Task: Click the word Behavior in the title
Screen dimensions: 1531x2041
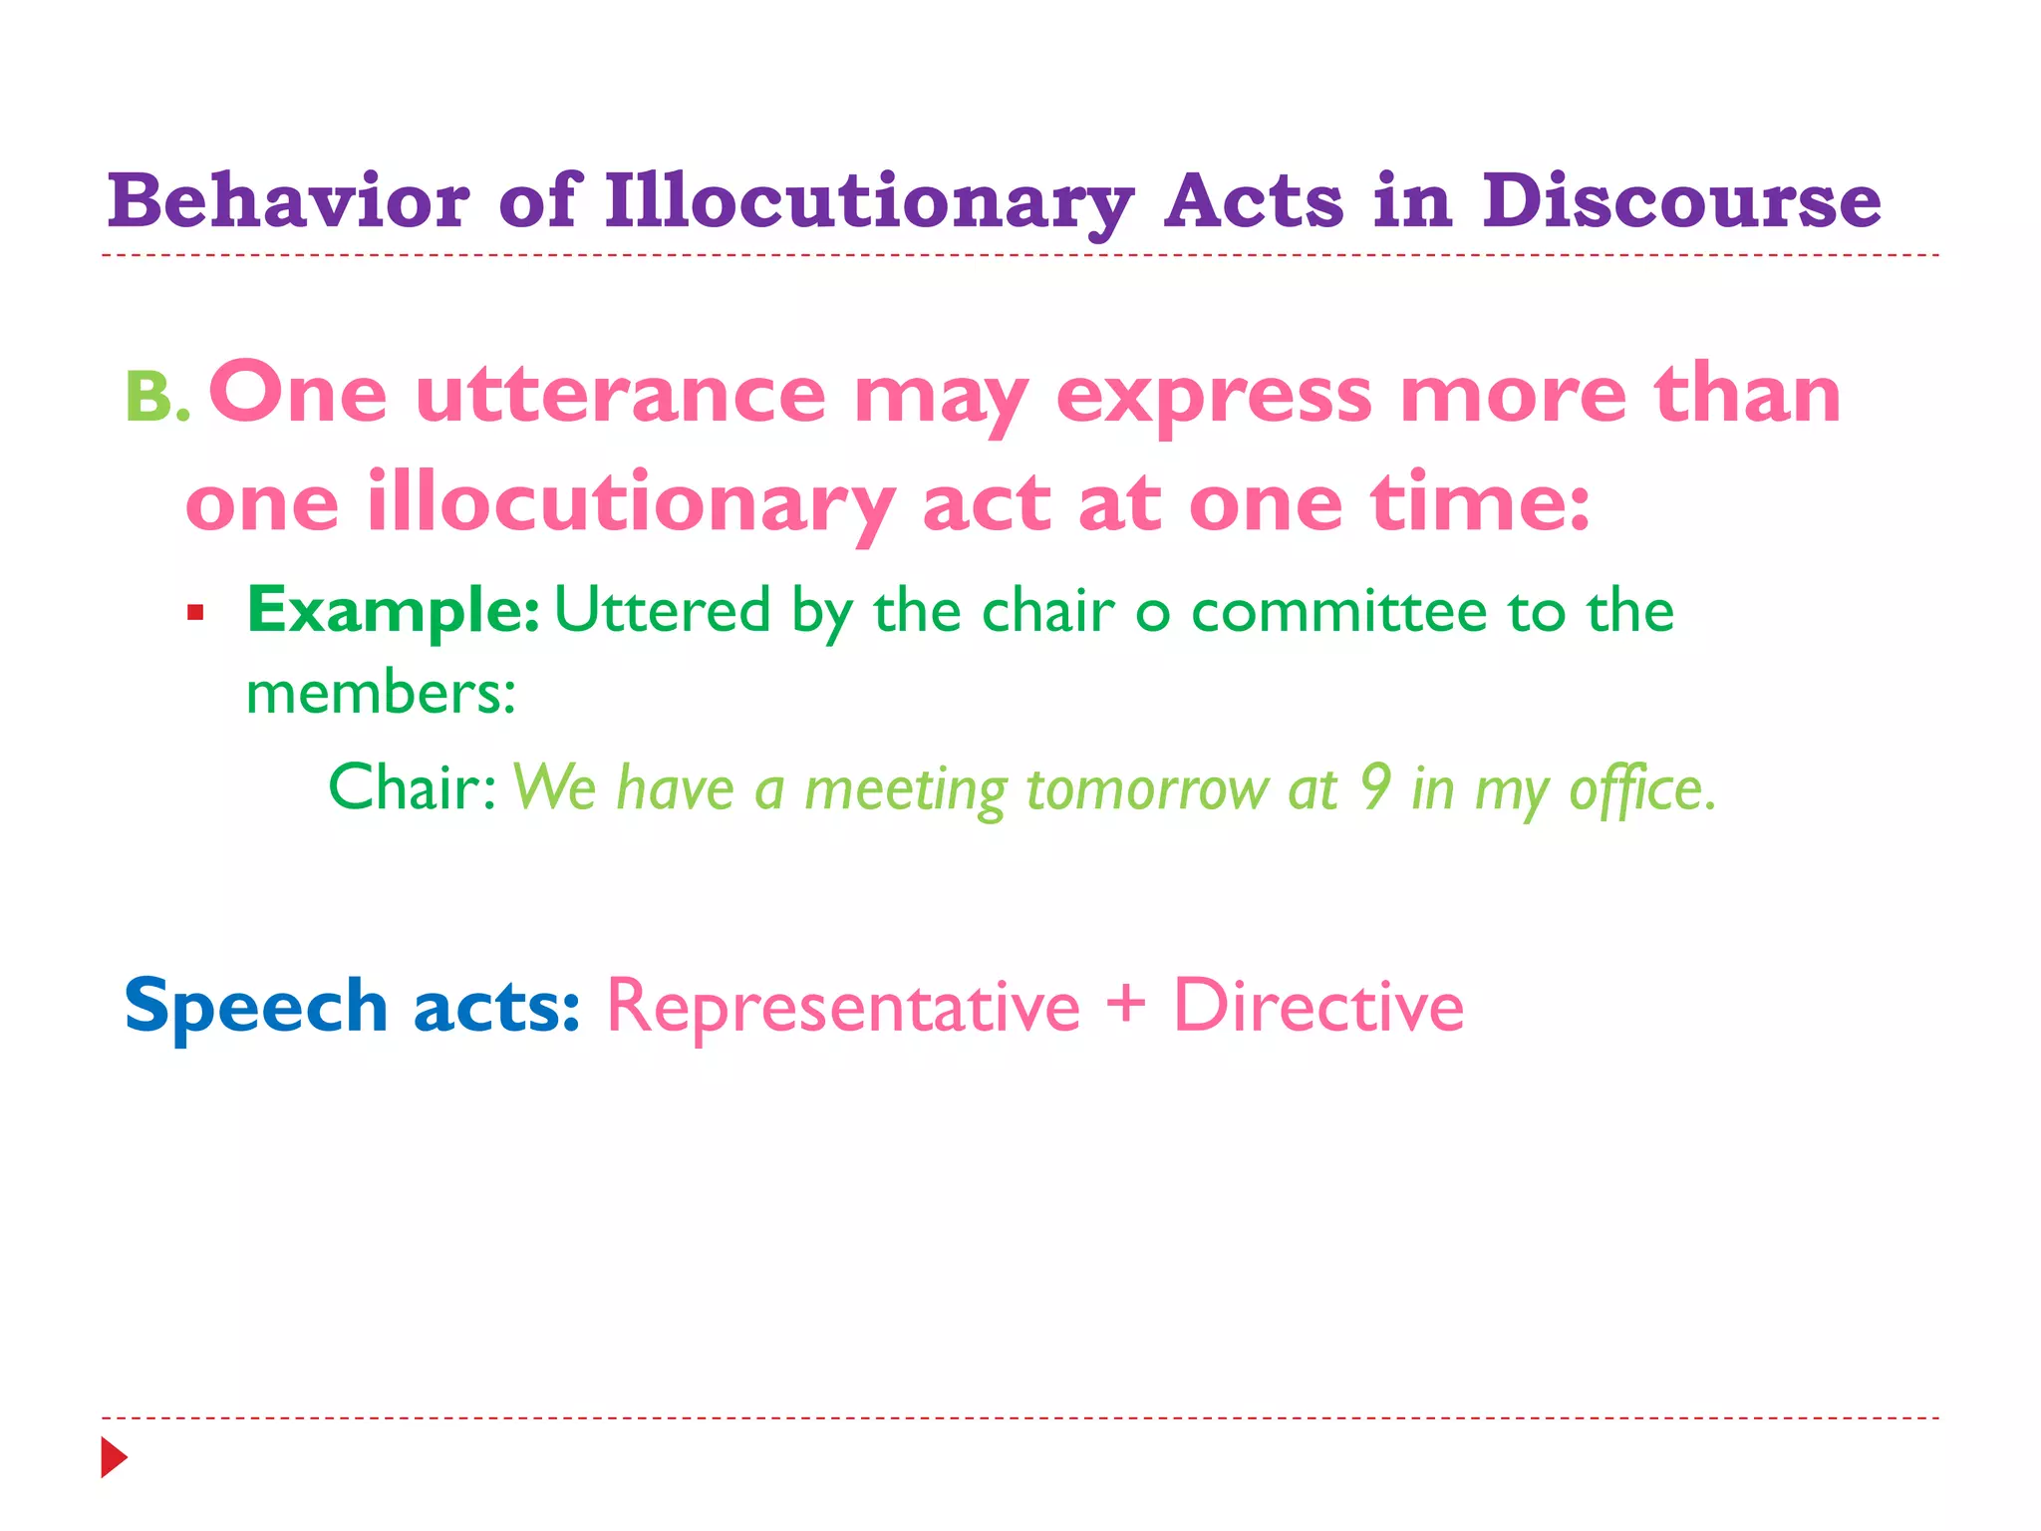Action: click(288, 202)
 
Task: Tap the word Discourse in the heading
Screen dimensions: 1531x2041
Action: click(1681, 202)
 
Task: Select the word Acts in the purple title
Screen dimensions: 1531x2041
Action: click(1254, 202)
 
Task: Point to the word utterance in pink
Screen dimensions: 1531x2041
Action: click(620, 396)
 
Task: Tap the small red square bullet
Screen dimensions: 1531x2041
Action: click(195, 612)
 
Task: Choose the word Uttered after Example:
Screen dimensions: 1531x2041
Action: click(663, 610)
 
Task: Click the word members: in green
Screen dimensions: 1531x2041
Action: click(381, 693)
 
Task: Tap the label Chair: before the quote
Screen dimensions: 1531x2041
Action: click(413, 787)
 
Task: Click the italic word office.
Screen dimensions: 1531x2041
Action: click(1641, 789)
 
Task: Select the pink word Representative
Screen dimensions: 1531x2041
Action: click(843, 1007)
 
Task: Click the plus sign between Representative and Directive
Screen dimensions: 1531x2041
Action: click(1126, 1004)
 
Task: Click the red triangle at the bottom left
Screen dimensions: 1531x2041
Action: click(114, 1457)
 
